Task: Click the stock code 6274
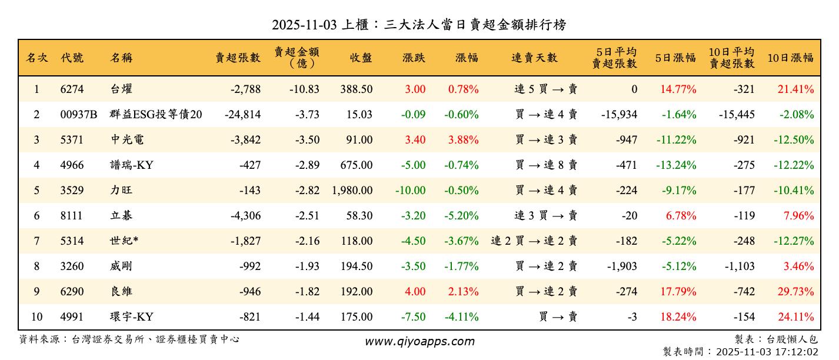point(72,89)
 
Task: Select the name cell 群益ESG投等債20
point(156,115)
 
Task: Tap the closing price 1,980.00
point(352,191)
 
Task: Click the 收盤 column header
point(361,58)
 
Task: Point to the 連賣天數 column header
point(534,58)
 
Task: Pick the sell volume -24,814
point(242,115)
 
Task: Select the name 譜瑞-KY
point(132,165)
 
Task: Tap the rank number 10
point(36,317)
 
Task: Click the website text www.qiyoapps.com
point(419,341)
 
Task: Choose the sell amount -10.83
point(304,89)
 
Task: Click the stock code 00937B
point(78,115)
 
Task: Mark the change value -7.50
point(413,317)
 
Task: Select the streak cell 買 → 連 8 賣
point(546,165)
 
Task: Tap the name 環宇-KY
point(132,317)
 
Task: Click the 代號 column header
point(72,58)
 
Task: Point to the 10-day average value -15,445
point(736,115)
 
